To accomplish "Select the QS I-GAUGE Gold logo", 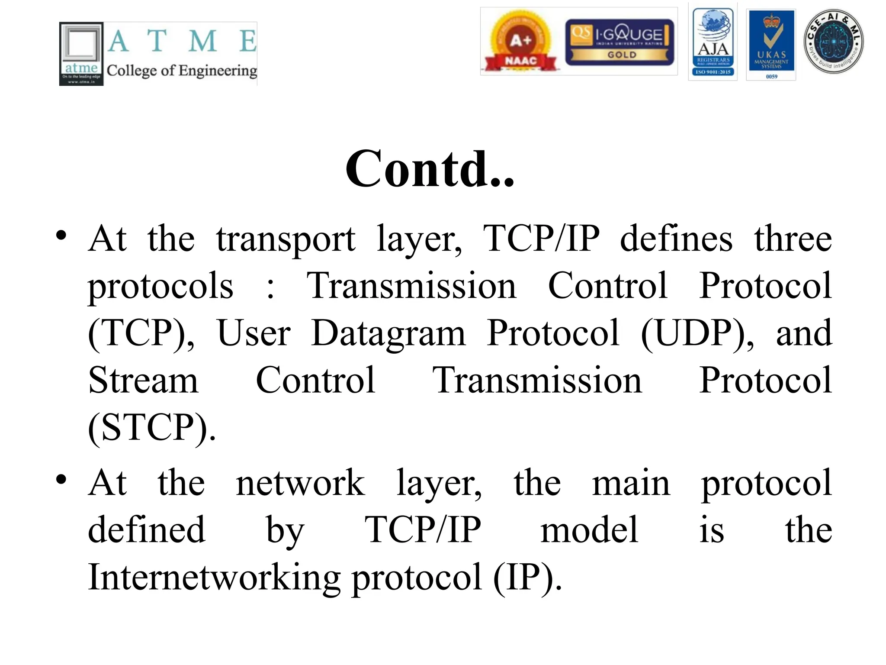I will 620,42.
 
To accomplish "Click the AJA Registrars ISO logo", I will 713,42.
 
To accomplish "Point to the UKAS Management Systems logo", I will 771,44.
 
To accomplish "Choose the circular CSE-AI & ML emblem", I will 833,42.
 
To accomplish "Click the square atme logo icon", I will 81,54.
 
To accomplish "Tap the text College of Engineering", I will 182,71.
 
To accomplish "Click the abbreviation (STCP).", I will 151,428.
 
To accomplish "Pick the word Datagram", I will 388,333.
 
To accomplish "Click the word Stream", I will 143,380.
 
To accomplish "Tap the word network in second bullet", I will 300,483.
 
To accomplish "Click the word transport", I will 286,239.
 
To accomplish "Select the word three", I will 793,239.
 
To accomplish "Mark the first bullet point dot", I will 61,236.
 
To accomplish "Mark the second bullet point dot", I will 61,479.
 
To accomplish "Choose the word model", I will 589,530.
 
